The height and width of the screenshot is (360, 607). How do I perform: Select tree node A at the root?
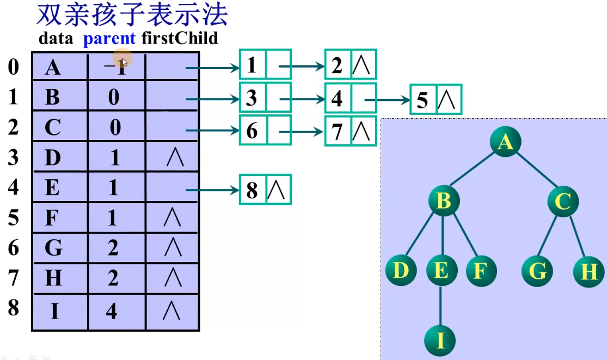[505, 142]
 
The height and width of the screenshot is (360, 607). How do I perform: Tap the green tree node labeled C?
[562, 202]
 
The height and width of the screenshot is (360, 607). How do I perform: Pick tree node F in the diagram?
[481, 271]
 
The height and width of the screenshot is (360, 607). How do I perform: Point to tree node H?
[588, 271]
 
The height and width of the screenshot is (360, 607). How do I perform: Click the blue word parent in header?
[109, 38]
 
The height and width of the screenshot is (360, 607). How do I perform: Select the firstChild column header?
[179, 38]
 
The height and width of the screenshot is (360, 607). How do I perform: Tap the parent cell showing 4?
[112, 312]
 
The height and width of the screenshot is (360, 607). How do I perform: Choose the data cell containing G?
[53, 248]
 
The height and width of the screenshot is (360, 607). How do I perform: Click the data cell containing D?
[53, 158]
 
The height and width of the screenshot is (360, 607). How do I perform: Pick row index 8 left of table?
[13, 308]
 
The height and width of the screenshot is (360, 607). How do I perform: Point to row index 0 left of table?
[13, 67]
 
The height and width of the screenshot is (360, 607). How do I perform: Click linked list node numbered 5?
[423, 100]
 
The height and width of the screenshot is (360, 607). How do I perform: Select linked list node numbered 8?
[252, 190]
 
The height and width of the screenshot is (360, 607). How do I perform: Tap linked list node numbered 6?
[252, 131]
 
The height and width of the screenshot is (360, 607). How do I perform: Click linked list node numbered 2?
[338, 66]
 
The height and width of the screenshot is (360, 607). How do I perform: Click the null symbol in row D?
[174, 158]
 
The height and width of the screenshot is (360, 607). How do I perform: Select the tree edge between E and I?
[440, 305]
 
